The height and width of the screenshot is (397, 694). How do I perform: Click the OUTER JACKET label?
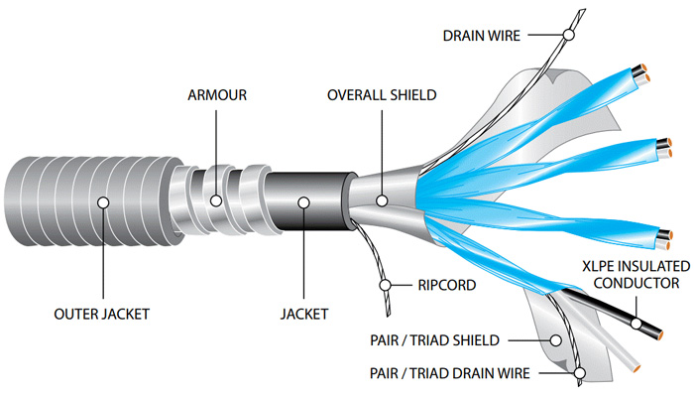coord(102,315)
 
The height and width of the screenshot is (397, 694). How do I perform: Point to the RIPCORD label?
coord(441,286)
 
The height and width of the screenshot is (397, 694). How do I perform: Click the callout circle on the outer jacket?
coord(102,202)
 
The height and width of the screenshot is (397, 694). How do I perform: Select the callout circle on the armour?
coord(216,200)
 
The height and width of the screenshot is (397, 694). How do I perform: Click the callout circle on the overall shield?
coord(382,199)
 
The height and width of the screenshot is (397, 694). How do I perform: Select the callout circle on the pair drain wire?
coord(578,374)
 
